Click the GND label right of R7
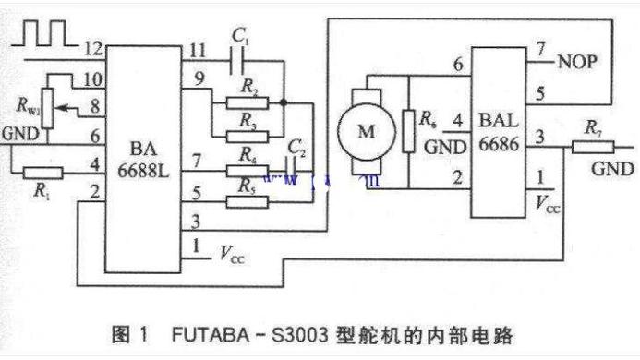click(x=612, y=170)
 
